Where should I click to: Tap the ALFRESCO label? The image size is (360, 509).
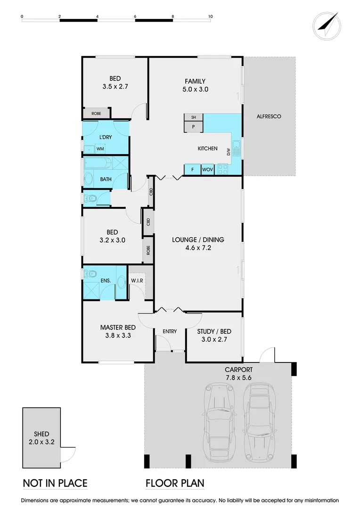click(x=269, y=116)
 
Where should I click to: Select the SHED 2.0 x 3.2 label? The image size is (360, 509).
click(x=41, y=438)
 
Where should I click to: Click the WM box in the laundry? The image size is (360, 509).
click(x=100, y=149)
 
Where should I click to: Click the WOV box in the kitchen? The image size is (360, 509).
click(x=207, y=170)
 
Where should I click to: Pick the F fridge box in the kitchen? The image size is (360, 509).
click(x=192, y=170)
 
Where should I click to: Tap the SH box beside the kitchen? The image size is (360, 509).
click(x=193, y=117)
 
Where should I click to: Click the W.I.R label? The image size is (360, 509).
click(x=137, y=281)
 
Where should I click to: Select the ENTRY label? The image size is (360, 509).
click(x=170, y=331)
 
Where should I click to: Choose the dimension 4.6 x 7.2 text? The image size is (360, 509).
click(x=198, y=247)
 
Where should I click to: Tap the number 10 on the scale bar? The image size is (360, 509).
click(x=210, y=16)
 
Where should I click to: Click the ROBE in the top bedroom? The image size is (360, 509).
click(x=96, y=114)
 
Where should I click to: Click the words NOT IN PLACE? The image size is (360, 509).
click(x=55, y=483)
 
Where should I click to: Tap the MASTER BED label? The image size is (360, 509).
click(x=118, y=331)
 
